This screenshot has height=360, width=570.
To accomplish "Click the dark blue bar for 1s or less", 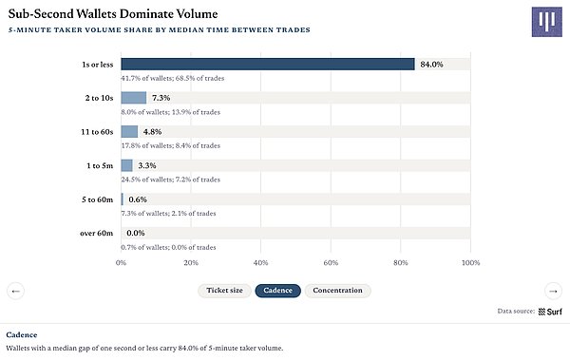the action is (x=268, y=64).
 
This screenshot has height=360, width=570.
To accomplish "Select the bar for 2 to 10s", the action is (x=134, y=98).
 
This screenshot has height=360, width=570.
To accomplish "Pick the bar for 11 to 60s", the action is (x=129, y=132).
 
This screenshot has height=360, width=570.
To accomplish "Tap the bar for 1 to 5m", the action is (x=127, y=165).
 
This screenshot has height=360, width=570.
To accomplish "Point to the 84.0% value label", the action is (x=431, y=65).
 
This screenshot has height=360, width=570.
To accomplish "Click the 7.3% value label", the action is (x=161, y=98).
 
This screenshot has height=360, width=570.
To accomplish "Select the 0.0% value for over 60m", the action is (x=136, y=233).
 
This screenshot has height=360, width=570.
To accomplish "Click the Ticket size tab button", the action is (x=224, y=291).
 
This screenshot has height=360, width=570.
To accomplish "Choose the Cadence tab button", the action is (x=278, y=291).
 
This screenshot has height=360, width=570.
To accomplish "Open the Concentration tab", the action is (x=337, y=291).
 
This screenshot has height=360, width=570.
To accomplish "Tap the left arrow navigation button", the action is (x=15, y=291).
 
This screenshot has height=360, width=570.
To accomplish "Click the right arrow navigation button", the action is (x=553, y=291).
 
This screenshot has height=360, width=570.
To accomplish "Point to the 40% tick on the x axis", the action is (x=260, y=262).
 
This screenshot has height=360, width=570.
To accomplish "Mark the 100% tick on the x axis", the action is (x=471, y=262).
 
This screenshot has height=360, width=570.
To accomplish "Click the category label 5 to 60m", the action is (x=98, y=199).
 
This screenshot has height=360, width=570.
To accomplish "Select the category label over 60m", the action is (x=96, y=233).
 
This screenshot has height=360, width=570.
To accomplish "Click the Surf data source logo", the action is (x=550, y=312).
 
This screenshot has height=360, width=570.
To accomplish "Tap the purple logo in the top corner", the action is (x=547, y=22).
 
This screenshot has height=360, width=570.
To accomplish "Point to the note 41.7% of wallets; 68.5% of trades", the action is (x=173, y=78).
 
